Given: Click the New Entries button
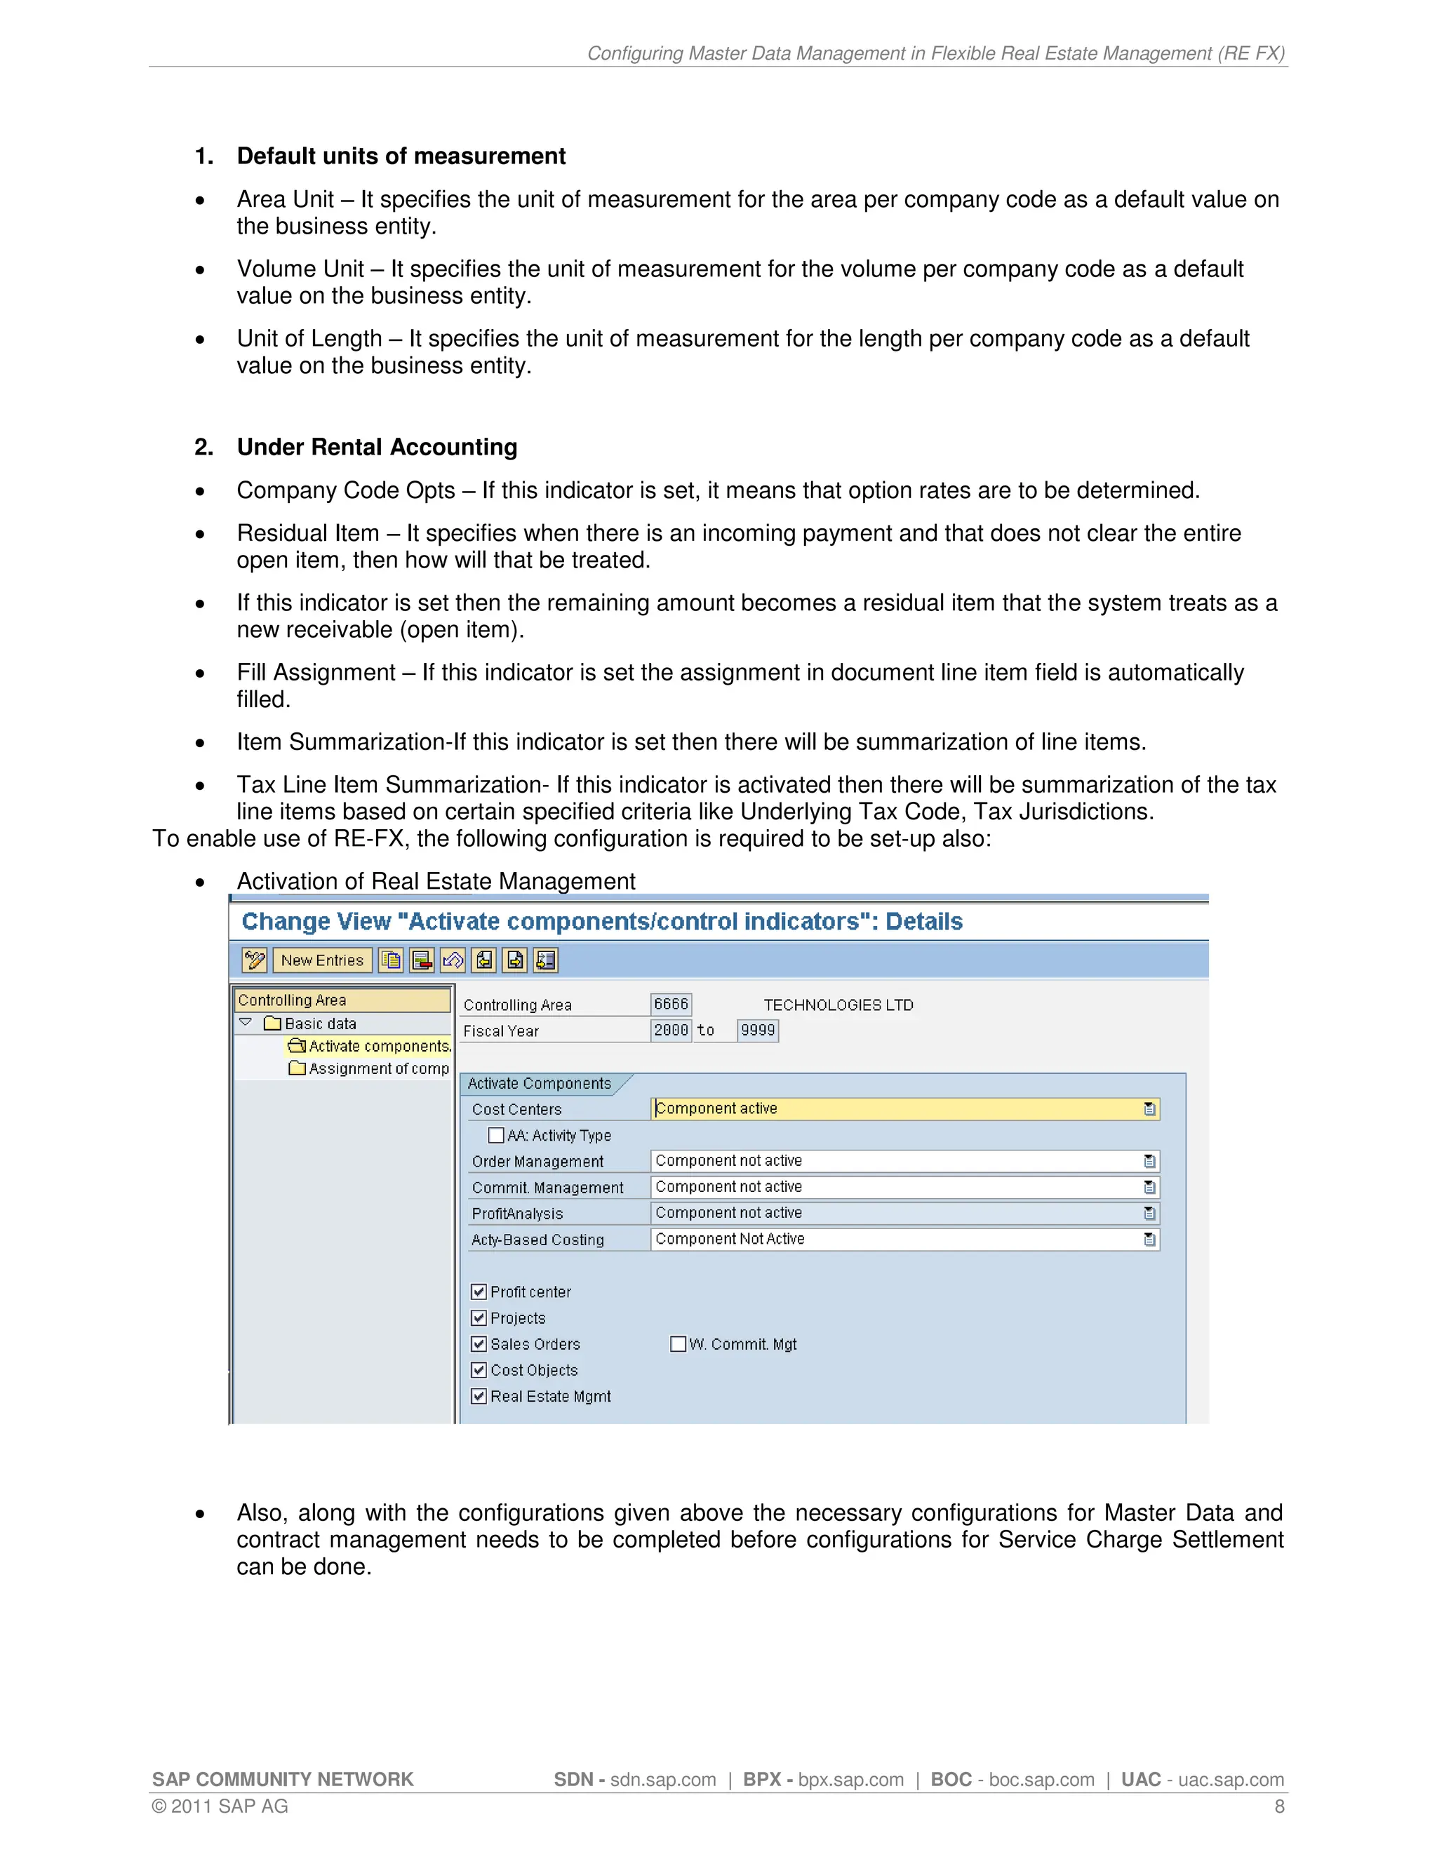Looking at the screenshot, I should [x=322, y=960].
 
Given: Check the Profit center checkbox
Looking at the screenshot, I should [x=479, y=1292].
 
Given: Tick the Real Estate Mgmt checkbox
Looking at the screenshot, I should [x=479, y=1397].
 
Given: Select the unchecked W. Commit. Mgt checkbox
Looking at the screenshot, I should [x=678, y=1344].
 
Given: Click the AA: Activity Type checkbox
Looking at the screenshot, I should [x=495, y=1136].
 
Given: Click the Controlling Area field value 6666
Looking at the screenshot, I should [x=671, y=1005].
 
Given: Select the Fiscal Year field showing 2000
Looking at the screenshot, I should [x=671, y=1031].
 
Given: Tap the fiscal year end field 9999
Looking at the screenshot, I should [x=758, y=1031].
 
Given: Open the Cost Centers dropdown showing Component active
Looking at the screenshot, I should [x=1149, y=1109].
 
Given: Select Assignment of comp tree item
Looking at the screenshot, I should [x=378, y=1068].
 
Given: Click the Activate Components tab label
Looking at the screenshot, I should [x=539, y=1084].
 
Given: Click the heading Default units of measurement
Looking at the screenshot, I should [x=401, y=156].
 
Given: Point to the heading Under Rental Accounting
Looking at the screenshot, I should [x=377, y=448].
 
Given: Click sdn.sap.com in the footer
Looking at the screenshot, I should [x=662, y=1780].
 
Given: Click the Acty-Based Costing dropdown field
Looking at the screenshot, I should [x=904, y=1240].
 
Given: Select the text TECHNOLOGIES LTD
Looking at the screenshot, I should [x=838, y=1005].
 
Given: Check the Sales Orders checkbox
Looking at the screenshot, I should [x=479, y=1345].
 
